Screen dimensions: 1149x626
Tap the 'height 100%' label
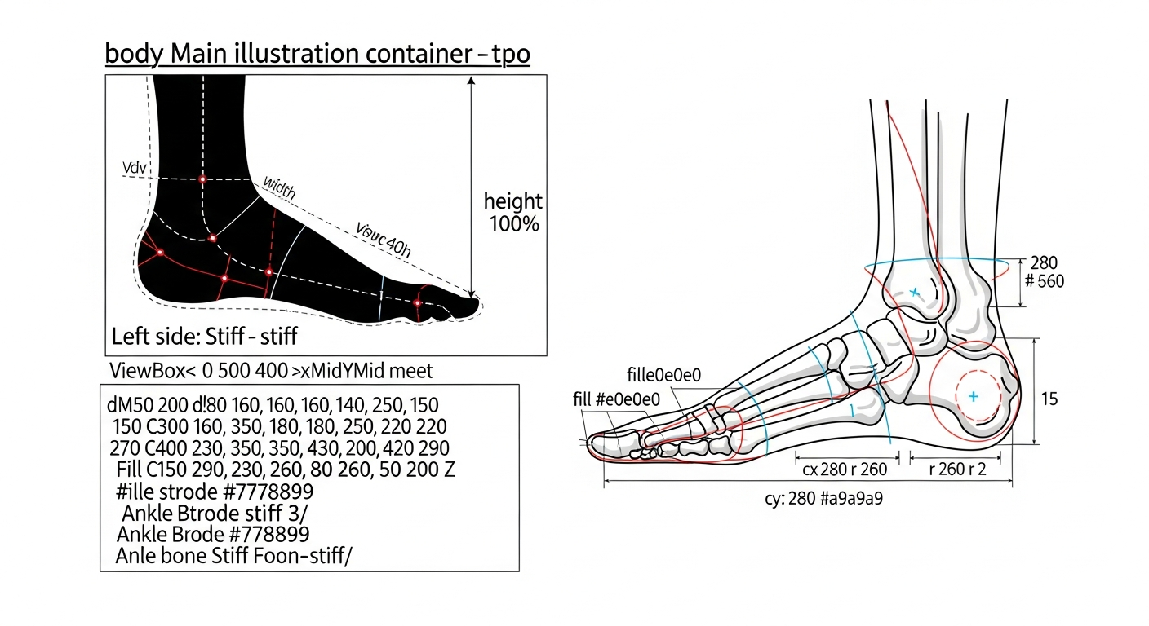point(513,213)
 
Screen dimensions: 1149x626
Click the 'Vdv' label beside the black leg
point(135,168)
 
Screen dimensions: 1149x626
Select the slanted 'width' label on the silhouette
point(279,187)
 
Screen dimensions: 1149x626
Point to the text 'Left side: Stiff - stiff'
point(204,337)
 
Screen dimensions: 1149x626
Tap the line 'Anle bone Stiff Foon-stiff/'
point(234,556)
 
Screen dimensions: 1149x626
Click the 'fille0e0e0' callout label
point(663,375)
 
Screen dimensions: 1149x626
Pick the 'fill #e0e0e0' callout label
point(616,399)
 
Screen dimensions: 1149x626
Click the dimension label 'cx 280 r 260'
point(845,469)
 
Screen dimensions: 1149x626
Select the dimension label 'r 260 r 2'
point(957,469)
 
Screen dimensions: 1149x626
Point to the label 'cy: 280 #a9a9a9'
point(823,498)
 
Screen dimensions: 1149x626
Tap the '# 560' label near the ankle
point(1044,281)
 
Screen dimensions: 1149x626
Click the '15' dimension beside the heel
point(1049,399)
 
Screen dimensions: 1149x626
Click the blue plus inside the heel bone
point(973,396)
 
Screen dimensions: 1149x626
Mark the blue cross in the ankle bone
point(915,293)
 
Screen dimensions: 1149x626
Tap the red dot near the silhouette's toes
point(418,303)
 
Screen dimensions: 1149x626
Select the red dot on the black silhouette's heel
point(160,253)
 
